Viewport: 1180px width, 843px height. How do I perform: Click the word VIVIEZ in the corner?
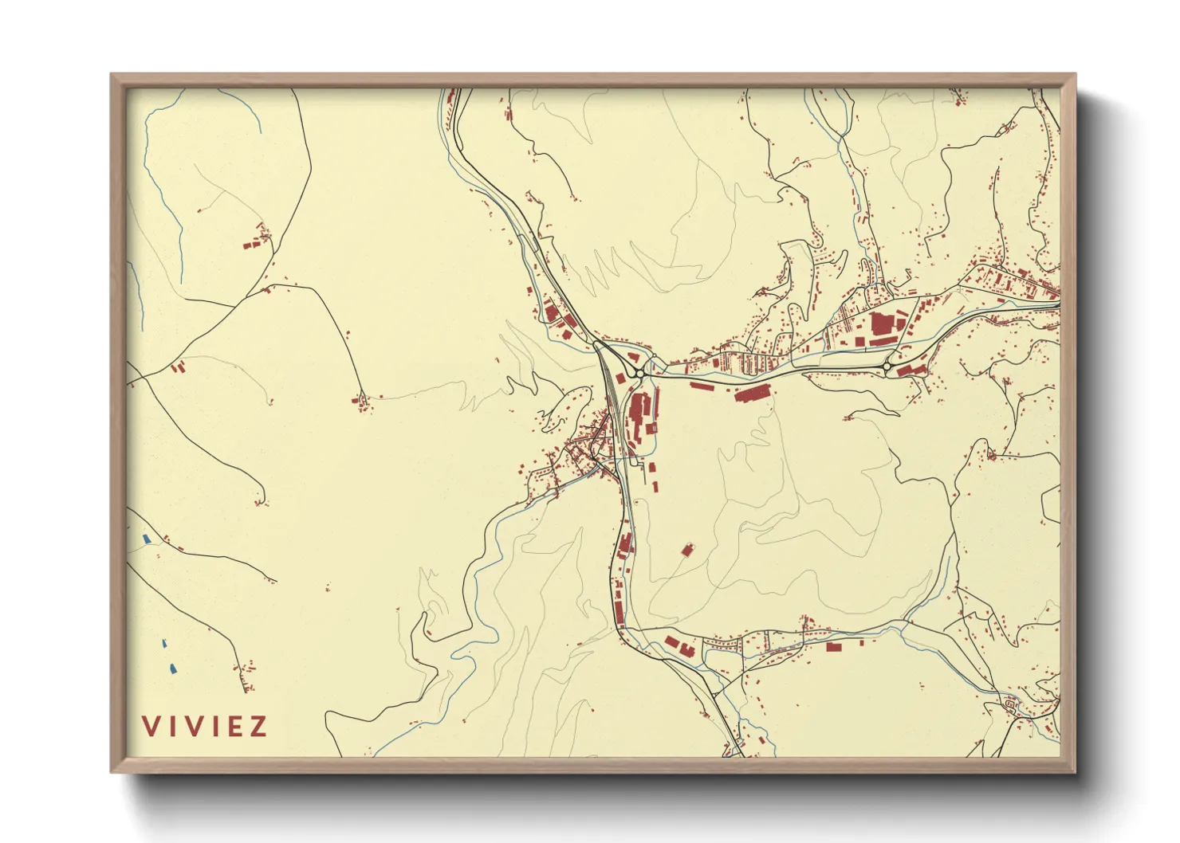click(x=205, y=727)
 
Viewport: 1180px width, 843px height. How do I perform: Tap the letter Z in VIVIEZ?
click(x=258, y=727)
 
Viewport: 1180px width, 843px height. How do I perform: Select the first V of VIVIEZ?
click(x=150, y=727)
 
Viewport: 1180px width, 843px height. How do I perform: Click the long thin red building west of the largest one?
click(x=701, y=387)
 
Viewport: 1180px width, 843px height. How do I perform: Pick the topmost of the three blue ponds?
click(x=146, y=539)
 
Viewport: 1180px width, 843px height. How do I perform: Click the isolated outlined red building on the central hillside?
click(x=687, y=549)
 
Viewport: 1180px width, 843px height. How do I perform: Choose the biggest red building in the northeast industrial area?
click(x=880, y=324)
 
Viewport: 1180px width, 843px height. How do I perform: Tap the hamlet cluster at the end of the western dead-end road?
click(x=363, y=404)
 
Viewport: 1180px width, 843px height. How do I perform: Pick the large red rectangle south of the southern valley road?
click(x=833, y=647)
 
